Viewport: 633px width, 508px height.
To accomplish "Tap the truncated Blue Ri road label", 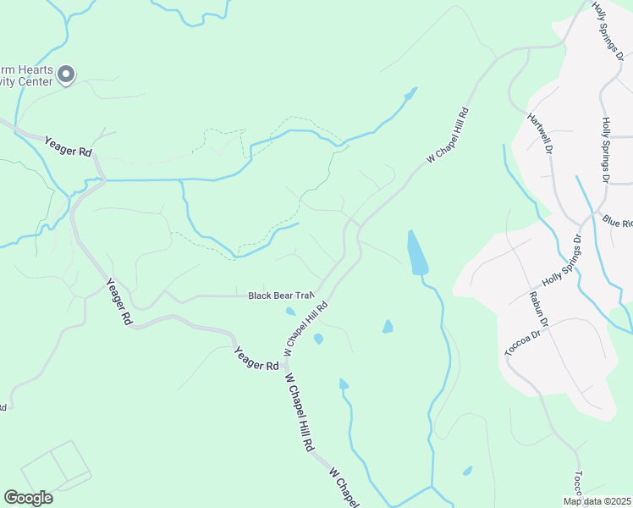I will pyautogui.click(x=617, y=222).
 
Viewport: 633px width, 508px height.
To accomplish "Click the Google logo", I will pyautogui.click(x=28, y=498).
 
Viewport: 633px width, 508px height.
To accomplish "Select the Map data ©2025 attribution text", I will pyautogui.click(x=597, y=501).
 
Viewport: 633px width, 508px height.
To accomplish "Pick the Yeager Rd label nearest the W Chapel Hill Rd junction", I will pyautogui.click(x=256, y=356).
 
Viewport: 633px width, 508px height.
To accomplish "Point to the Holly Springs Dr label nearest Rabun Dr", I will pyautogui.click(x=562, y=259).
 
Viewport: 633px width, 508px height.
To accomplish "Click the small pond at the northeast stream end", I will pyautogui.click(x=411, y=93).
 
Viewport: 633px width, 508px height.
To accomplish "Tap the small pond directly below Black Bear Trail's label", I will pyautogui.click(x=290, y=311).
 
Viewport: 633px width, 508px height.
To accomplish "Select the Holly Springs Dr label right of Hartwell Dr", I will pyautogui.click(x=605, y=151).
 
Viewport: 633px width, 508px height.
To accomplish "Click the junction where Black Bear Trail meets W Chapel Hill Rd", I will pyautogui.click(x=319, y=293).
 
